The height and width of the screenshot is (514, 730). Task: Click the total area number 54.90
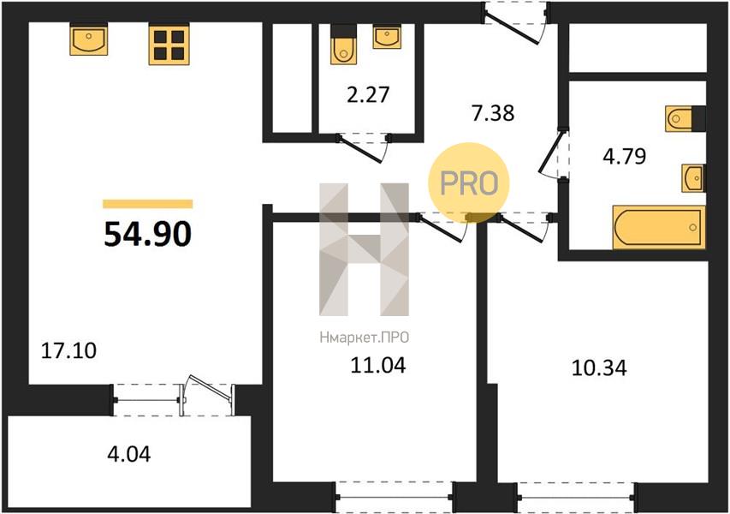tap(147, 234)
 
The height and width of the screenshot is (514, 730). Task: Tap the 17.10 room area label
tap(69, 350)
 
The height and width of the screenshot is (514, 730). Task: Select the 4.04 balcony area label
tap(129, 454)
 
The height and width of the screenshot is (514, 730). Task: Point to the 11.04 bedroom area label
tap(377, 365)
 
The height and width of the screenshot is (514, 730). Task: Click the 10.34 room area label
tap(599, 368)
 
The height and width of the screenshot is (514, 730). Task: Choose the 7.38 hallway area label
tap(493, 113)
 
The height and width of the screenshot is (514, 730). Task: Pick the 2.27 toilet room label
tap(368, 94)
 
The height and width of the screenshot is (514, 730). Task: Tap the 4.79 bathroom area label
tap(625, 156)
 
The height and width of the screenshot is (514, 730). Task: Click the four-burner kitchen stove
tap(169, 45)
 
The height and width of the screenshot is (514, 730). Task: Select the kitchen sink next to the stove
tap(89, 39)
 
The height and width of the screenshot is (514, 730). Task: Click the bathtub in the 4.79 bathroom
tap(659, 227)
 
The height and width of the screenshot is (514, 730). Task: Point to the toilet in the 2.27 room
tap(344, 45)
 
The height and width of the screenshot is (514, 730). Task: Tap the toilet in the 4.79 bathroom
tap(685, 119)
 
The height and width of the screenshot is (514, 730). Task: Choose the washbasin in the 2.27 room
tap(387, 38)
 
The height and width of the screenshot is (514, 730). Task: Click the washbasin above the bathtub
tap(693, 177)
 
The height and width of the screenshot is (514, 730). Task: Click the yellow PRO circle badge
tap(469, 182)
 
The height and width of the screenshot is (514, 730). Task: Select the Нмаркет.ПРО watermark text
tap(364, 337)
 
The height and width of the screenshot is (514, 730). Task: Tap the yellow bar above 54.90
tap(147, 204)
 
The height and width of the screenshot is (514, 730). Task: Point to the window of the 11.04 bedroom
tap(394, 497)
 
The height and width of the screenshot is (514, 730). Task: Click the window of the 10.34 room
tap(576, 497)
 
